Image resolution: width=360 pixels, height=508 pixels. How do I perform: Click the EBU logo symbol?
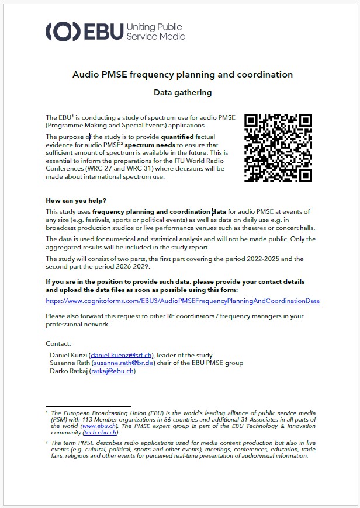click(x=63, y=32)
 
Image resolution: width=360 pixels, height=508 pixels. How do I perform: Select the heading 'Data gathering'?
click(x=182, y=92)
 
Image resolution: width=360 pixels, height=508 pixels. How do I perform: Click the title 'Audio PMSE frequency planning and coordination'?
click(x=182, y=75)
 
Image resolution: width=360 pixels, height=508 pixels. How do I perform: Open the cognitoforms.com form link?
click(x=182, y=301)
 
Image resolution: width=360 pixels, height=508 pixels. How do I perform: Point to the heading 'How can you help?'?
click(x=76, y=200)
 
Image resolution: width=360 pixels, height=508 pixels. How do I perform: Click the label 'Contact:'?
click(x=58, y=343)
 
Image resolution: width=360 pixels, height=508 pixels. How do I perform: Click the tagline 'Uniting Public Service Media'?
click(x=155, y=32)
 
